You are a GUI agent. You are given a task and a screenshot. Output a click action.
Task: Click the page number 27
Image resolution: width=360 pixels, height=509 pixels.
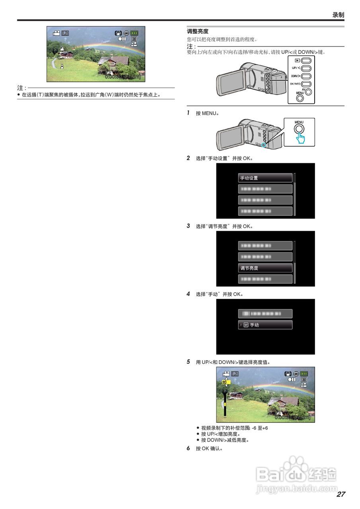pos(341,494)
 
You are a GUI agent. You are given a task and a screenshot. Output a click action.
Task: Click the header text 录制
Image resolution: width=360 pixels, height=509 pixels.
pos(338,15)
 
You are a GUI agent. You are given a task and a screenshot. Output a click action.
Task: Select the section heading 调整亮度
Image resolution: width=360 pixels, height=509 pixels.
pos(198,31)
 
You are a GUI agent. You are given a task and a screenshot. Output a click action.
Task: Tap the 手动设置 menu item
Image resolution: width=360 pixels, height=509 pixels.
pos(265,178)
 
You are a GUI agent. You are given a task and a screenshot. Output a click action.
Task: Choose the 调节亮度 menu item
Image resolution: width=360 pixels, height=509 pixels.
pos(265,268)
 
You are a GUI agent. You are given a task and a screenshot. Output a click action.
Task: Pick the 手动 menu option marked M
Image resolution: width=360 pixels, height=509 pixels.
pos(265,325)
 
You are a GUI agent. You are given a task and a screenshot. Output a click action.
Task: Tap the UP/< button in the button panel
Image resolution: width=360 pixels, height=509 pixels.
pos(306,68)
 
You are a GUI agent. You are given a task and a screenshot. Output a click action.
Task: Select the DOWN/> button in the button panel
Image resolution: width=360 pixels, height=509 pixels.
pos(306,76)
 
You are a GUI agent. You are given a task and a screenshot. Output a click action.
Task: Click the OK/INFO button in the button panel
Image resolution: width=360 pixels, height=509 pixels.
pos(306,84)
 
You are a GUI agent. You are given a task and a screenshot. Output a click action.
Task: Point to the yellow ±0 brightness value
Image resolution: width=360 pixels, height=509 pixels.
pos(226,382)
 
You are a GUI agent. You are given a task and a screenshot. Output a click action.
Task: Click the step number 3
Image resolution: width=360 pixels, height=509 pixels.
pos(189,226)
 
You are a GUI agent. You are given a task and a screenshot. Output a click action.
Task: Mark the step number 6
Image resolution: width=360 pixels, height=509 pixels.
pos(189,448)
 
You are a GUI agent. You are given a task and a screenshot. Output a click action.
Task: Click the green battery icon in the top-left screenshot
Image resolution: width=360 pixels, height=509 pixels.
pos(135,33)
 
